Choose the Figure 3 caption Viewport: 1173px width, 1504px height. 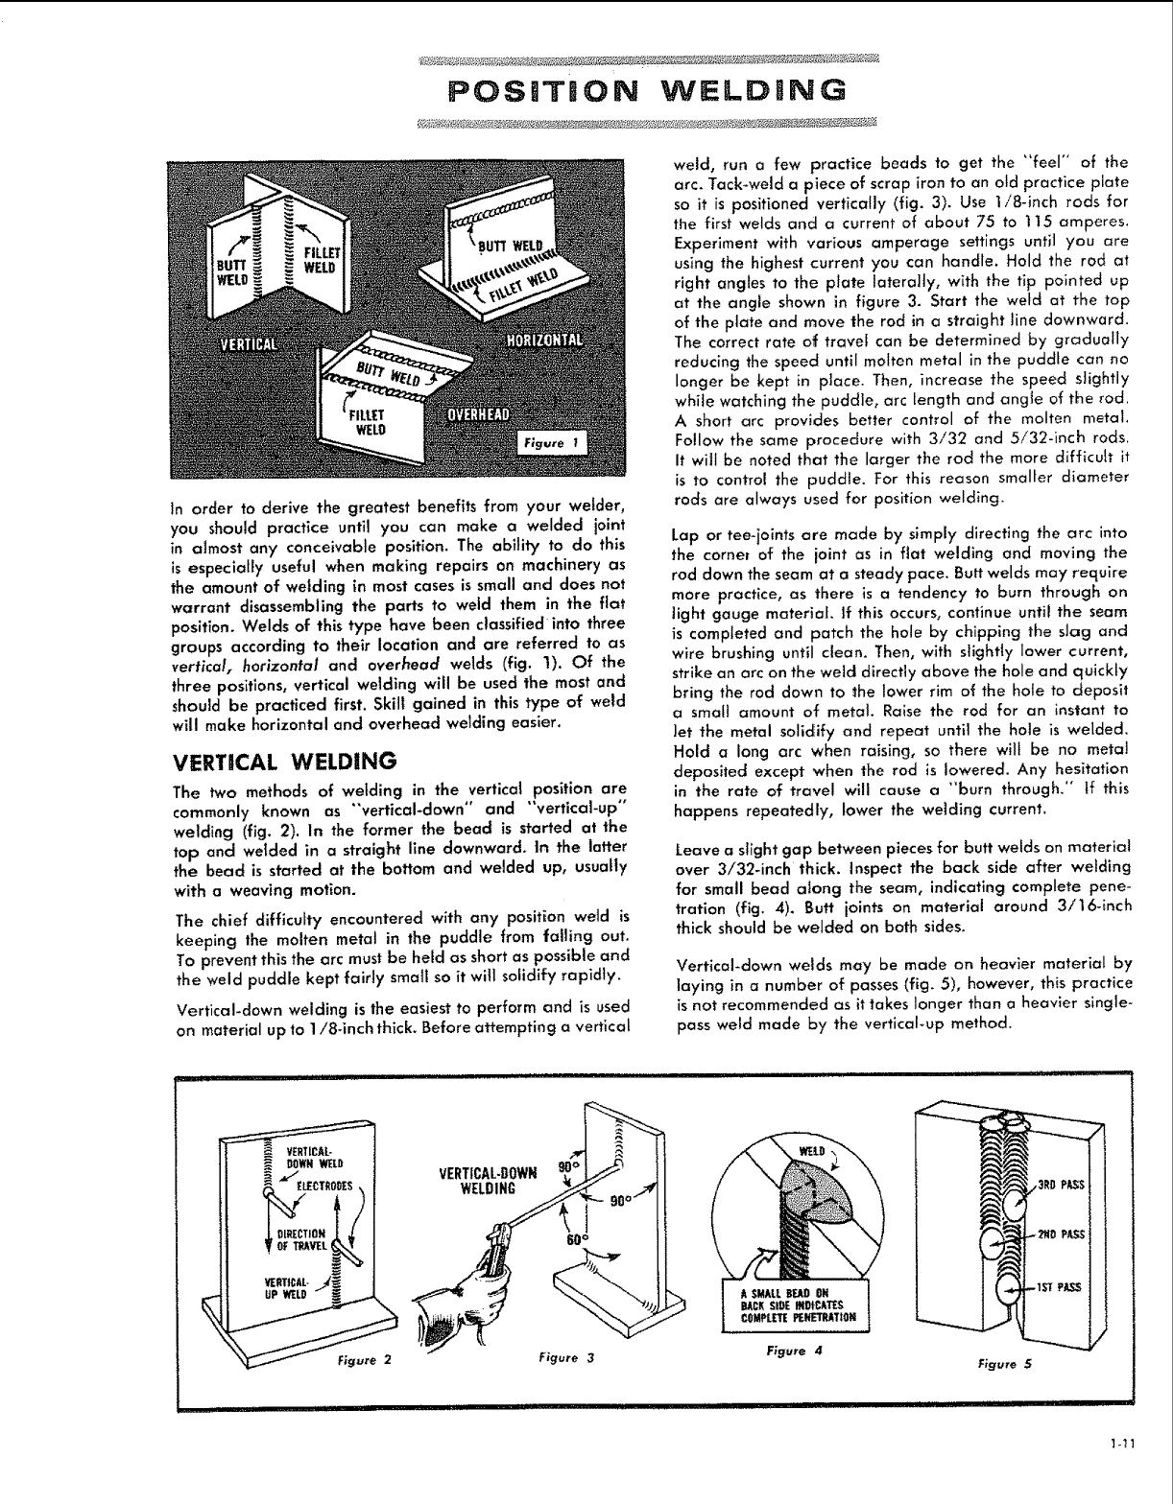(567, 1356)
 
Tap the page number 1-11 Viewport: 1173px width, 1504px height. (1121, 1466)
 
